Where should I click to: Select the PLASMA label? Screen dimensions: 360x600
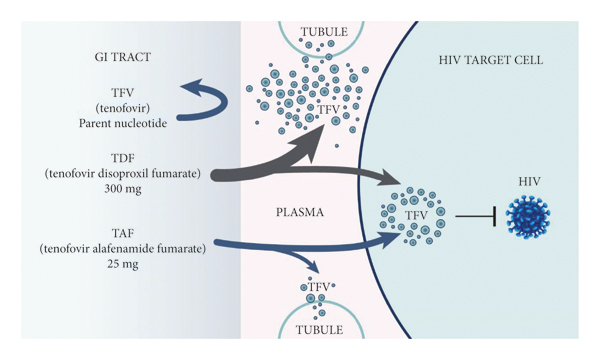(301, 213)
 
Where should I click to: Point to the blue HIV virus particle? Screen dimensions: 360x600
(527, 217)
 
